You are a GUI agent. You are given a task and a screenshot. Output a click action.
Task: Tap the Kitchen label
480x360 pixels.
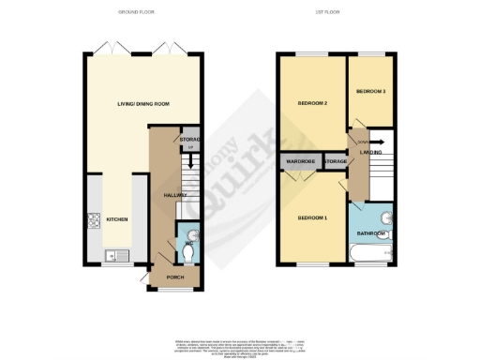(x=117, y=219)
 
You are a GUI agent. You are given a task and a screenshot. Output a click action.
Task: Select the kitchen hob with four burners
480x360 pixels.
(x=93, y=222)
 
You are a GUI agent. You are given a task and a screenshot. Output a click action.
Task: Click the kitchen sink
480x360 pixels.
(x=108, y=254)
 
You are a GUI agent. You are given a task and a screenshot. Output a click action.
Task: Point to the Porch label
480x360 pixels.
(x=174, y=277)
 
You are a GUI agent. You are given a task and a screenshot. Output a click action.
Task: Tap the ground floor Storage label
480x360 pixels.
(x=191, y=141)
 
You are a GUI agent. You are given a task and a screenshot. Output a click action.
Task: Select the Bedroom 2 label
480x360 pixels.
(x=311, y=102)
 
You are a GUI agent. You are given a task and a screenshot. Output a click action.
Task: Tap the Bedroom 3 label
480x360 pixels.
(x=371, y=91)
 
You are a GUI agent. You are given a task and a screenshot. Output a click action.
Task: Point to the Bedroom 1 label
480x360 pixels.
(x=312, y=217)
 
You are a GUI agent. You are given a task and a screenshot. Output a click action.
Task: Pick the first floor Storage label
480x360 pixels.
(x=336, y=161)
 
